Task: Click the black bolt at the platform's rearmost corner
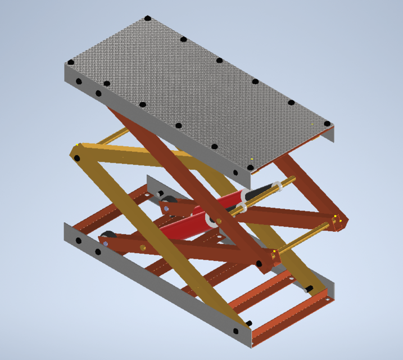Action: pyautogui.click(x=148, y=19)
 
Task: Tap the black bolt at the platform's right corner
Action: pyautogui.click(x=327, y=124)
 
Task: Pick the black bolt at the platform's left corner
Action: pyautogui.click(x=71, y=62)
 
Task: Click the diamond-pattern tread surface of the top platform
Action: pyautogui.click(x=197, y=90)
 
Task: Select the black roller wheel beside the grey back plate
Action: pyautogui.click(x=167, y=201)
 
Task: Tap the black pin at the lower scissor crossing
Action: pyautogui.click(x=259, y=263)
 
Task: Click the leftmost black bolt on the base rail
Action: pyautogui.click(x=78, y=241)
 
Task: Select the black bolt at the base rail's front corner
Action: pyautogui.click(x=248, y=323)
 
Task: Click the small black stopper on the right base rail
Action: pyautogui.click(x=309, y=289)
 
